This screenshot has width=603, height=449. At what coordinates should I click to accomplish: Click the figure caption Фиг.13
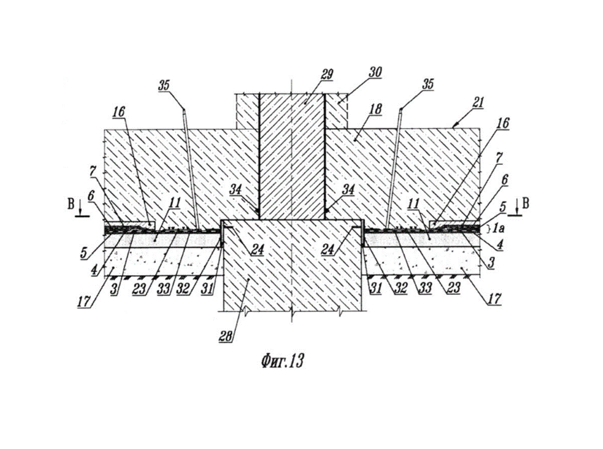282,361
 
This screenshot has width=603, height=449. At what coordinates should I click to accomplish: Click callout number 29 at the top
326,75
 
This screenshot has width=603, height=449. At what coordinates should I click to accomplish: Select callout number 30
375,72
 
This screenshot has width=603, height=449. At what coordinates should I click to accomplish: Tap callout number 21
478,103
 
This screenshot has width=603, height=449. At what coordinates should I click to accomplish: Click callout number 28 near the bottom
226,336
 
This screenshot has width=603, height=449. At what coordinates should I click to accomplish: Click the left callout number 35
164,85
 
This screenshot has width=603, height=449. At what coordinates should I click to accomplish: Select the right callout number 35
427,83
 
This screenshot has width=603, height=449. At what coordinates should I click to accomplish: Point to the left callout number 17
84,301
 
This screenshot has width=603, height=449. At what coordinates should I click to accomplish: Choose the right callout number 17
495,299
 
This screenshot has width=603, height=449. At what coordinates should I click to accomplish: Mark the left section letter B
71,204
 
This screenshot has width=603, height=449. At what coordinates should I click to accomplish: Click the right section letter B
525,203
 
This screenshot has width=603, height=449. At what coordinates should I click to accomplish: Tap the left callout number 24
257,250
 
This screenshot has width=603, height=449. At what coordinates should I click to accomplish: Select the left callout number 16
119,111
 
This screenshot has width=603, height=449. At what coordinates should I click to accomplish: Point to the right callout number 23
454,288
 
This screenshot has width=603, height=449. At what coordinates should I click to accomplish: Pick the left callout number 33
163,289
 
